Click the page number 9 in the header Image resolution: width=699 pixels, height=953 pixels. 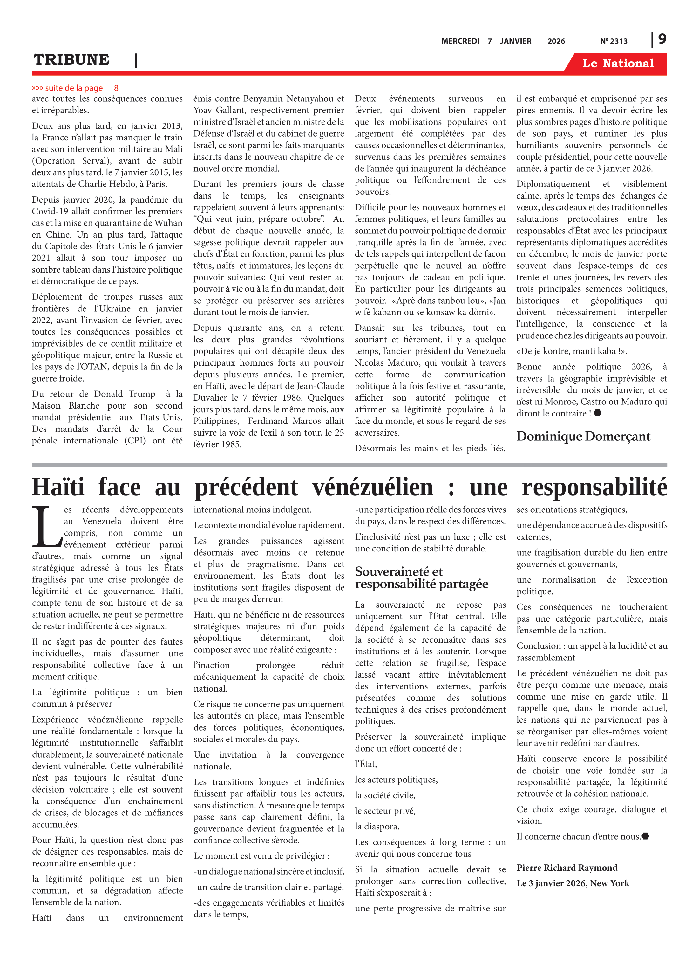click(662, 39)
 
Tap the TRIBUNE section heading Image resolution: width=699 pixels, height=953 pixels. click(71, 60)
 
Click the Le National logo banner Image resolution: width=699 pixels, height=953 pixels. click(617, 64)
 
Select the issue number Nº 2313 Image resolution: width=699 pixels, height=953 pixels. click(614, 41)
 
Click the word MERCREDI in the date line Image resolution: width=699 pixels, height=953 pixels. click(460, 41)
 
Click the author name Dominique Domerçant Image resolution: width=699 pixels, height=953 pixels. click(583, 436)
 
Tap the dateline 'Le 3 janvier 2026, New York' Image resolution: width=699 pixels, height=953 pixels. click(573, 883)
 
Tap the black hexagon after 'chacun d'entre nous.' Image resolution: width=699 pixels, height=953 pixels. click(645, 836)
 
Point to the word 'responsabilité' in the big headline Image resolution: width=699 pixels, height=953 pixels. click(594, 487)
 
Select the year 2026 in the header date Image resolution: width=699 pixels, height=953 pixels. click(556, 41)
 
